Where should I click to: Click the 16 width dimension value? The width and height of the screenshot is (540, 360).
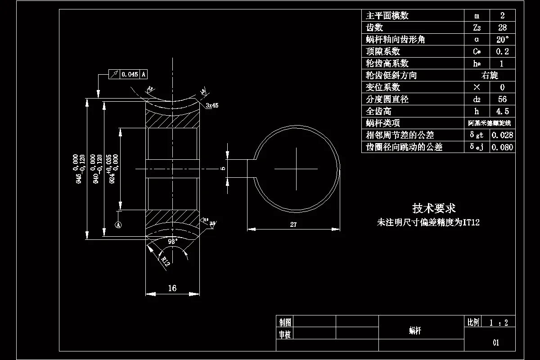(172, 288)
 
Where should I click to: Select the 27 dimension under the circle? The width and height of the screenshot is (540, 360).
(293, 225)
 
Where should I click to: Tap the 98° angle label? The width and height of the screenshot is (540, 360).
(173, 241)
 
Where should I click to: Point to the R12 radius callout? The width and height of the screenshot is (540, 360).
(165, 261)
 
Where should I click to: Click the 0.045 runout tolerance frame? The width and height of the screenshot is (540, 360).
(130, 74)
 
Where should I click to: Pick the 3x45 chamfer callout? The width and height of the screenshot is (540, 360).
(211, 105)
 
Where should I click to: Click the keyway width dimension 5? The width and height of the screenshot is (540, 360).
(223, 168)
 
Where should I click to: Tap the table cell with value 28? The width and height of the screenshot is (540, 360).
(502, 27)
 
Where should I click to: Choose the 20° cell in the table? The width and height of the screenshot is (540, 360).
(502, 40)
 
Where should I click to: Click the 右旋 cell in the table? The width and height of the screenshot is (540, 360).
(490, 75)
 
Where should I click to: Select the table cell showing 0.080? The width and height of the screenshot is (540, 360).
(502, 147)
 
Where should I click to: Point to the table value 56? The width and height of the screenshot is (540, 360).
(502, 99)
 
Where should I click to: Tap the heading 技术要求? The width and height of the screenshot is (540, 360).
(434, 208)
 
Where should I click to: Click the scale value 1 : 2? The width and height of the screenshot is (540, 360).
(499, 322)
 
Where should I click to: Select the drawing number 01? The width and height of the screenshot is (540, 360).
(495, 342)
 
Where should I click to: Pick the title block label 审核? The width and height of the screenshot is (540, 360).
(285, 334)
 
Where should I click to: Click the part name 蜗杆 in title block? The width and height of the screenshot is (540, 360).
(415, 331)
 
